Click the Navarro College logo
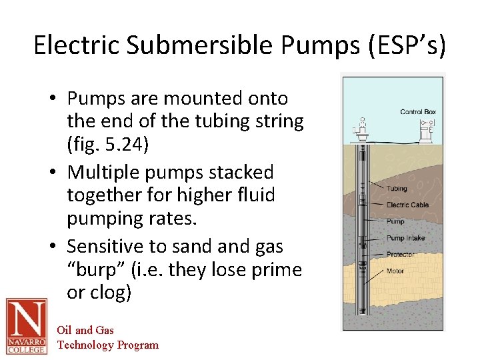[26, 326]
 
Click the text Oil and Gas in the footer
[85, 330]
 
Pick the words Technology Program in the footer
[108, 345]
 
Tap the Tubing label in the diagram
[397, 189]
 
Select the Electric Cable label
[407, 205]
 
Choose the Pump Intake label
[405, 238]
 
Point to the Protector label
[400, 254]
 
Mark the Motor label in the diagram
[395, 271]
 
